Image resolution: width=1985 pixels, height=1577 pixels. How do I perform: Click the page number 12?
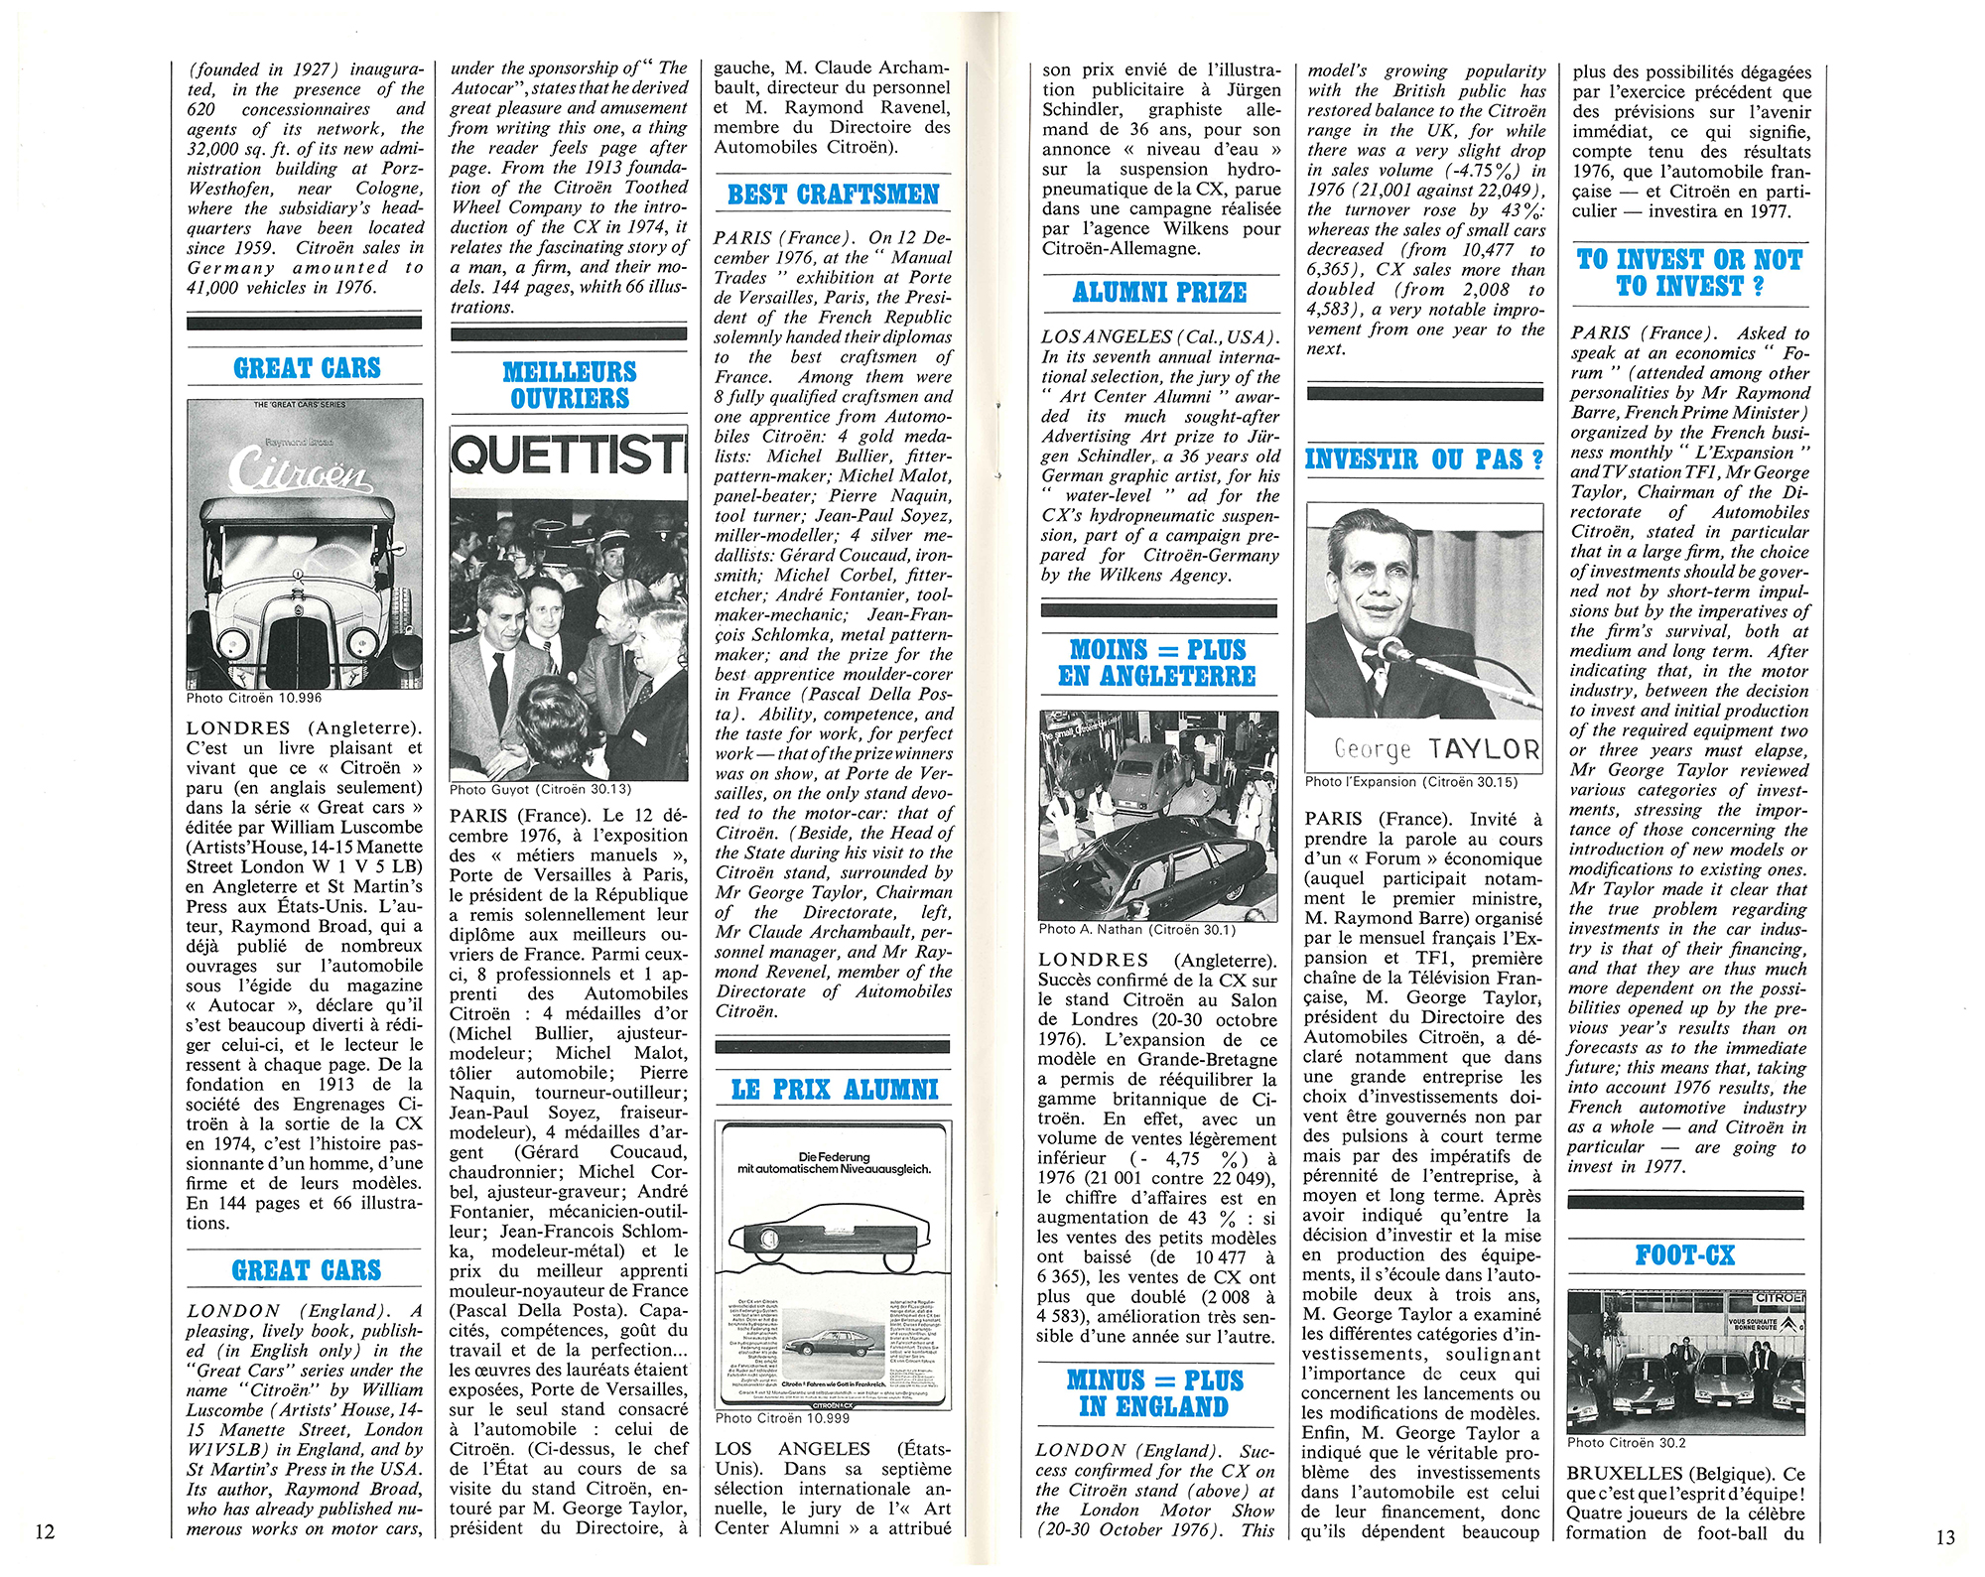[45, 1531]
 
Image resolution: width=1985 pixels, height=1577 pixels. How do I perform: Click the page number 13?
[1944, 1537]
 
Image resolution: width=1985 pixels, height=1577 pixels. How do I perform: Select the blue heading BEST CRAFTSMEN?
[833, 195]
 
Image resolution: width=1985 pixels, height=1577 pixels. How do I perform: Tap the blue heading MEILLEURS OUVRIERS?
[569, 385]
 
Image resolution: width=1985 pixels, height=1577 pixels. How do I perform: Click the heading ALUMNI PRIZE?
[1159, 293]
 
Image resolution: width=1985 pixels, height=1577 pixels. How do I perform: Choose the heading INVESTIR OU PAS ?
[1424, 460]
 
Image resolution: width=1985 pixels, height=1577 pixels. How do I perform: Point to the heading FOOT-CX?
[1685, 1255]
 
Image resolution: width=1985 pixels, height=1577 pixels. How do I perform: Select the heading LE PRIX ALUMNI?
[834, 1090]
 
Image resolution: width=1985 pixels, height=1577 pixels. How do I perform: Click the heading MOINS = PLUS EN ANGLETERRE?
[1158, 663]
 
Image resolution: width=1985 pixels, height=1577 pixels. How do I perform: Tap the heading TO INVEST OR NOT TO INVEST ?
[1689, 273]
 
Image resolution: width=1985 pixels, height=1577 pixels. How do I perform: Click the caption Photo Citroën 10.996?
[254, 698]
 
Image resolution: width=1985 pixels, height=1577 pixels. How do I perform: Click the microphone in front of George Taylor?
[1394, 651]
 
